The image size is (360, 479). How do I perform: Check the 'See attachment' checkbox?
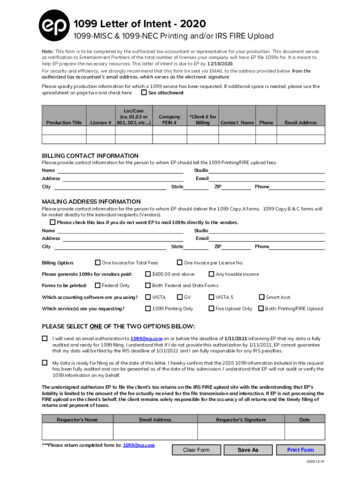pyautogui.click(x=144, y=93)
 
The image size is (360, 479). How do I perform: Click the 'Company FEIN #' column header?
pyautogui.click(x=169, y=119)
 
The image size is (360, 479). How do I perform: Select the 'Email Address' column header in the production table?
pyautogui.click(x=301, y=123)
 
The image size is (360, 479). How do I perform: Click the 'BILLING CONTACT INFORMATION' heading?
pyautogui.click(x=90, y=156)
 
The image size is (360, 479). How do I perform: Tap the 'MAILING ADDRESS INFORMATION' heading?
pyautogui.click(x=91, y=202)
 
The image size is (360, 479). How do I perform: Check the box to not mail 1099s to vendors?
pyautogui.click(x=53, y=222)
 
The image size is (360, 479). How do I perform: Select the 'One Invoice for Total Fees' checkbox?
pyautogui.click(x=98, y=262)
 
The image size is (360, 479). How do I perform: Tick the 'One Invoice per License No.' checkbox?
pyautogui.click(x=180, y=262)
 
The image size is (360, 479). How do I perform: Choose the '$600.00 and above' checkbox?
pyautogui.click(x=148, y=274)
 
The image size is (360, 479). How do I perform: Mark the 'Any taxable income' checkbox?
pyautogui.click(x=211, y=274)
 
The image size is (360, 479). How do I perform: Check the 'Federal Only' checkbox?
pyautogui.click(x=98, y=285)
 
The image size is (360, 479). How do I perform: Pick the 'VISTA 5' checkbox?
pyautogui.click(x=211, y=297)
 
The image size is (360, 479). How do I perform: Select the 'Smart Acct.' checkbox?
pyautogui.click(x=262, y=297)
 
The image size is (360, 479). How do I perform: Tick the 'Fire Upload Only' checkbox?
pyautogui.click(x=211, y=309)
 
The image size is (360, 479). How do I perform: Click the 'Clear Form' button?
pyautogui.click(x=196, y=450)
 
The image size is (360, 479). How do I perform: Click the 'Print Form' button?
pyautogui.click(x=300, y=450)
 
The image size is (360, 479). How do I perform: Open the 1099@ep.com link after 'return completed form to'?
pyautogui.click(x=139, y=445)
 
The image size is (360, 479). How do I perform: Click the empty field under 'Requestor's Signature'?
pyautogui.click(x=241, y=432)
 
